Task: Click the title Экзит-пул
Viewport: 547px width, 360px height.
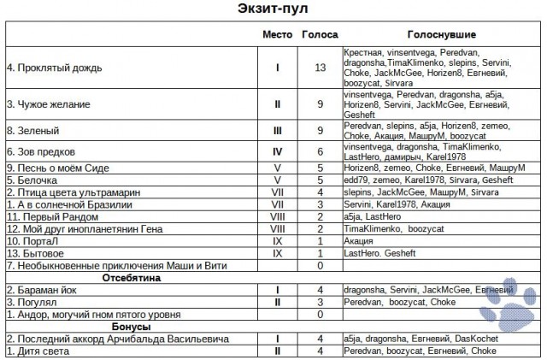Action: tap(273, 10)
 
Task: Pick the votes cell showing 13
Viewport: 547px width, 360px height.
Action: tap(319, 66)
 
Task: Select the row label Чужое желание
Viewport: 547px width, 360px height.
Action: tap(48, 104)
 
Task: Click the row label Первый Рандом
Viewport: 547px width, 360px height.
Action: tap(48, 217)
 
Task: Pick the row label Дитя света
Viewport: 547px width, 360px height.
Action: tap(38, 351)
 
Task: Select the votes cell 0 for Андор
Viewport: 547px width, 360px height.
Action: tap(319, 314)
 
